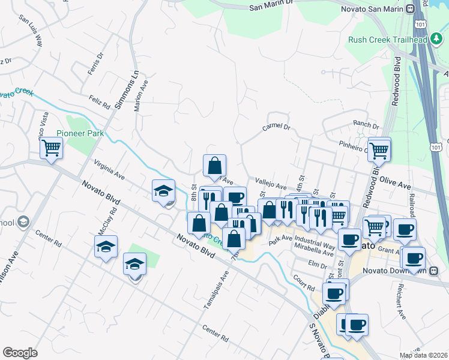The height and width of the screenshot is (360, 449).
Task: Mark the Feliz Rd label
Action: [100, 100]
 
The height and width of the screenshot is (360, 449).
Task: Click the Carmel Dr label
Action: [276, 128]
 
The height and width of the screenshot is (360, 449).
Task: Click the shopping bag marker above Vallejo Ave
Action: [214, 166]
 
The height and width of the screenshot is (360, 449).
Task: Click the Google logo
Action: [20, 352]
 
